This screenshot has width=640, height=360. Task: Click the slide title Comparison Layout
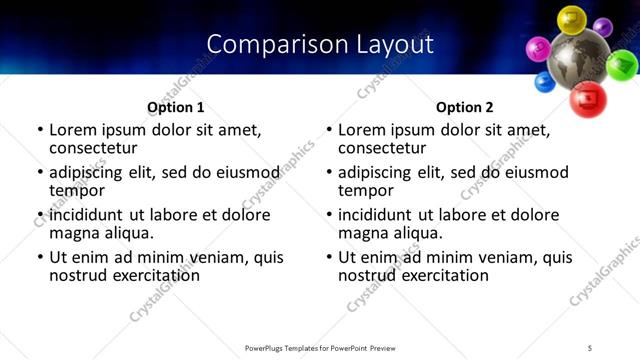320,44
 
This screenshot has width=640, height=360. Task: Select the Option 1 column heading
175,107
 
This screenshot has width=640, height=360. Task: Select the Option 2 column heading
464,107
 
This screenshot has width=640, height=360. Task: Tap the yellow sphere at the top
571,19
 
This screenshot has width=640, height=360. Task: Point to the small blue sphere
545,82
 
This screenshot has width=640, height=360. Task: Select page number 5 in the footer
590,348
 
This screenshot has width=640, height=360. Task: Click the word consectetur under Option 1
95,148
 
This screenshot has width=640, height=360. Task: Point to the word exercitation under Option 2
440,275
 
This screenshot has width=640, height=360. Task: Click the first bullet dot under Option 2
328,130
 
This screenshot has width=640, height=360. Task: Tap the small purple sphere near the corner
602,27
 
